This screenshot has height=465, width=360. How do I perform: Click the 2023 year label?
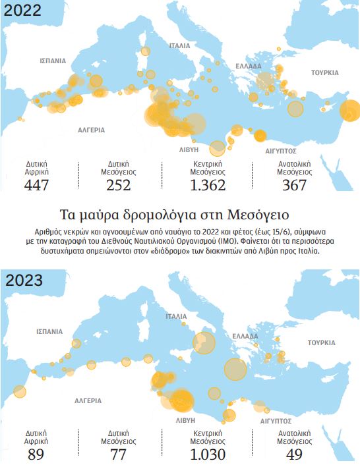pyautogui.click(x=24, y=279)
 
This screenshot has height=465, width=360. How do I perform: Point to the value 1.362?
pyautogui.click(x=208, y=185)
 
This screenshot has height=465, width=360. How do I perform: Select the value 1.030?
pyautogui.click(x=208, y=455)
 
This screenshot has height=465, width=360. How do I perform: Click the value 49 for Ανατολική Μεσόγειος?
pyautogui.click(x=295, y=455)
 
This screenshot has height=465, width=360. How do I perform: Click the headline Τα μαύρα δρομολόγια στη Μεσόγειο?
pyautogui.click(x=180, y=215)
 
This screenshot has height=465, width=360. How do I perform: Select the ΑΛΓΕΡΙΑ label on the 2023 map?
pyautogui.click(x=88, y=400)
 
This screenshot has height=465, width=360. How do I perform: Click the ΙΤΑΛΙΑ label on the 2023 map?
pyautogui.click(x=179, y=316)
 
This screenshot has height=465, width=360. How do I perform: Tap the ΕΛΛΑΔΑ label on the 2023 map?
pyautogui.click(x=245, y=336)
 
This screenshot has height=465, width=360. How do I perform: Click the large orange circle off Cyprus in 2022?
pyautogui.click(x=349, y=111)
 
